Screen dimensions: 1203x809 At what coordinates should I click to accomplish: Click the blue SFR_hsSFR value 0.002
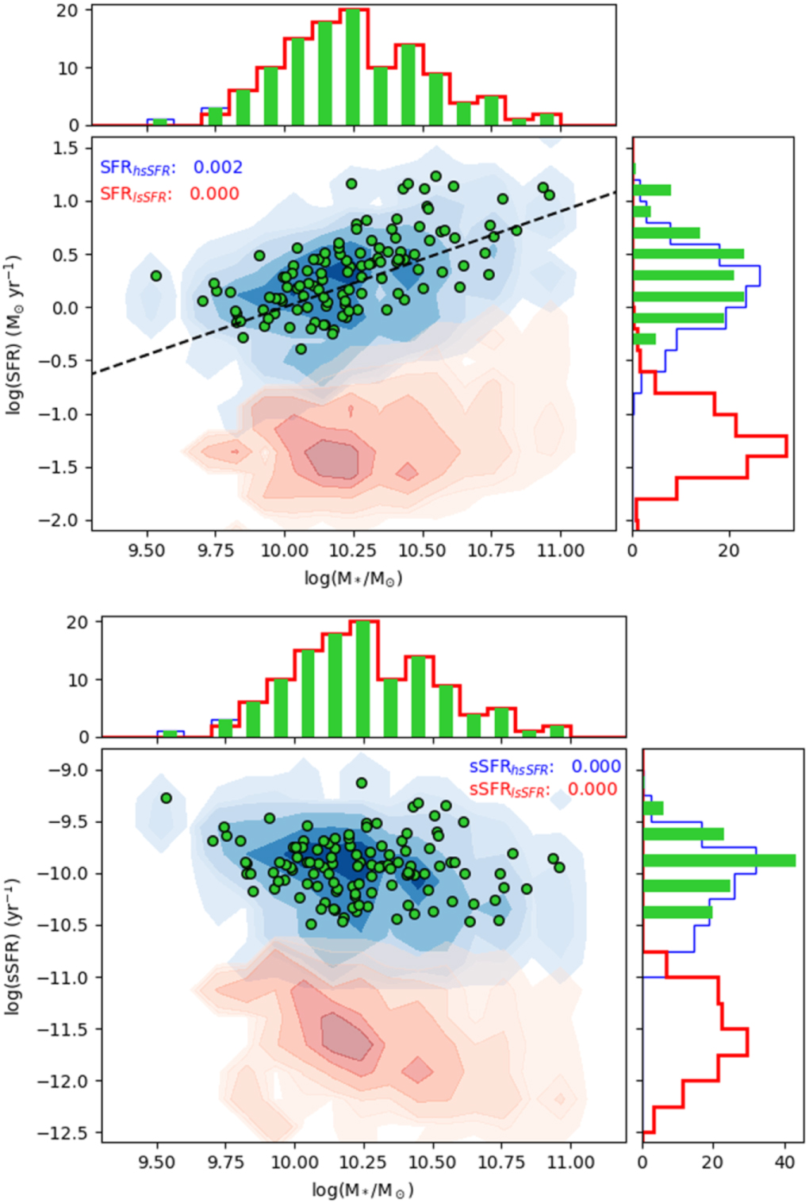click(x=218, y=167)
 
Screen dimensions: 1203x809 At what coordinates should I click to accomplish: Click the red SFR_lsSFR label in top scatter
click(x=136, y=194)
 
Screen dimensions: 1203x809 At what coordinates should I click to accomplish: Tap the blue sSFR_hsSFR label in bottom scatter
click(x=508, y=767)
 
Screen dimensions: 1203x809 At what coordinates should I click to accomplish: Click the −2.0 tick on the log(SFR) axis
click(x=61, y=521)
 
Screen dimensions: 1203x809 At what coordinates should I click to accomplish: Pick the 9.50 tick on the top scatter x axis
click(x=147, y=551)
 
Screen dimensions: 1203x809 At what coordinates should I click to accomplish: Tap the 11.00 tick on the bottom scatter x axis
click(x=571, y=1163)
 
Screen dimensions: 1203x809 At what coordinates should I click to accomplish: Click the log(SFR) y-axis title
click(x=13, y=334)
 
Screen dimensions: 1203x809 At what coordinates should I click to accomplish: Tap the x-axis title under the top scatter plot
click(x=354, y=578)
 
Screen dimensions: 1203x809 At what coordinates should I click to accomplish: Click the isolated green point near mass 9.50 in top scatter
click(x=156, y=276)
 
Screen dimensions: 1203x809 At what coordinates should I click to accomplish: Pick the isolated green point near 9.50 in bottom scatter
click(x=167, y=798)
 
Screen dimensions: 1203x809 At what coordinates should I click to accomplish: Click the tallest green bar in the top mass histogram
click(x=353, y=67)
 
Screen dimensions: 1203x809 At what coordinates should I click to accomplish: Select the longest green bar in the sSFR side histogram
click(x=719, y=860)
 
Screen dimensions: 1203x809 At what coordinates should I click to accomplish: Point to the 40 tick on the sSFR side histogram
click(x=784, y=1163)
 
